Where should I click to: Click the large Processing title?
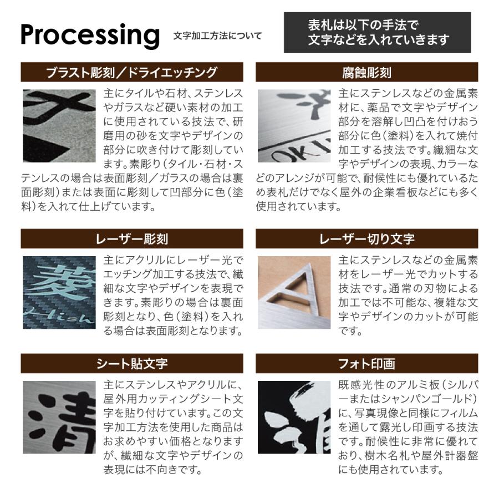(x=90, y=34)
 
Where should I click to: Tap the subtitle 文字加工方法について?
(x=217, y=36)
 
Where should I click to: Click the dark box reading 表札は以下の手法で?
(x=377, y=33)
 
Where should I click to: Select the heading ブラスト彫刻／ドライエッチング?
(x=132, y=72)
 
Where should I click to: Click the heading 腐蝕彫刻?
(x=366, y=72)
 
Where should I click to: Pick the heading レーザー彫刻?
(x=132, y=239)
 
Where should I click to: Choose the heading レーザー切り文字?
(x=366, y=239)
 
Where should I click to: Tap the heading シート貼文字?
(x=132, y=364)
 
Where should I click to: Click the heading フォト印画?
(x=366, y=364)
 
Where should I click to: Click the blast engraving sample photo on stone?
(x=59, y=126)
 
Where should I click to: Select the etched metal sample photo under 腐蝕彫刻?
(x=294, y=126)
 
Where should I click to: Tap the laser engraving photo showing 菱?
(x=59, y=292)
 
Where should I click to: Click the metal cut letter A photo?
(x=294, y=292)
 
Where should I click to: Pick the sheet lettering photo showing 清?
(x=59, y=417)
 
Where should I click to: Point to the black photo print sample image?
(x=294, y=417)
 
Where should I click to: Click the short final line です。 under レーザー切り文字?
(x=350, y=332)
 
